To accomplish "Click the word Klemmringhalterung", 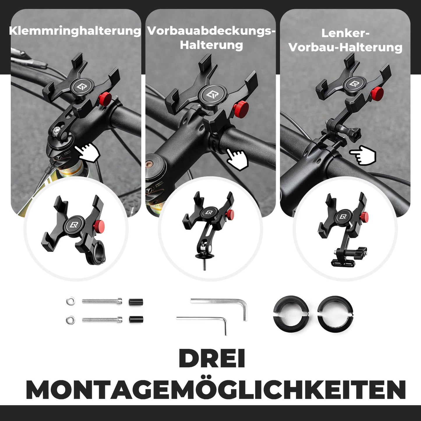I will (x=75, y=31).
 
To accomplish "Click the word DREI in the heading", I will (x=212, y=359).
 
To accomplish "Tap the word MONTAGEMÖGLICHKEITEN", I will (x=216, y=390).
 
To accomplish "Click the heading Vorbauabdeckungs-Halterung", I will (x=211, y=38).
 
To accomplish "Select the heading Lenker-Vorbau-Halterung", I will (x=345, y=40).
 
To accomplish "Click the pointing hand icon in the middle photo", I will (x=237, y=159).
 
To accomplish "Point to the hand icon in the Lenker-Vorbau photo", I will (x=363, y=155).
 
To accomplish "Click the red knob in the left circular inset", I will (x=99, y=226).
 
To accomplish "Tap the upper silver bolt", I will (x=102, y=301).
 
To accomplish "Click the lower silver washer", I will (x=70, y=320).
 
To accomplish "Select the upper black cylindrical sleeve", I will (x=136, y=302).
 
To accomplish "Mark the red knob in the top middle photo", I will (x=241, y=110).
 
